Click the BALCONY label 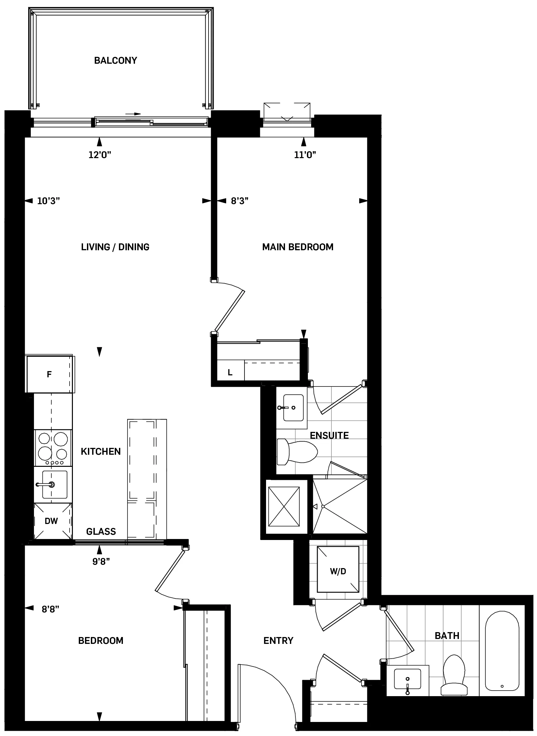(x=115, y=60)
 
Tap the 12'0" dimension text (x=100, y=155)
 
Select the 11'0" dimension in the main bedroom (x=305, y=155)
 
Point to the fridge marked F (x=49, y=374)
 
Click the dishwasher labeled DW (x=51, y=521)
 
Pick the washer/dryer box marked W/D (x=338, y=571)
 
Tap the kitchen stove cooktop (x=53, y=447)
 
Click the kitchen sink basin (x=52, y=484)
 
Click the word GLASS (x=101, y=532)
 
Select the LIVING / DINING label (x=115, y=247)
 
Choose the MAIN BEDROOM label (x=298, y=247)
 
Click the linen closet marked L (x=230, y=373)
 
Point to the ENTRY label (x=278, y=641)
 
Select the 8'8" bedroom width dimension (x=51, y=609)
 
